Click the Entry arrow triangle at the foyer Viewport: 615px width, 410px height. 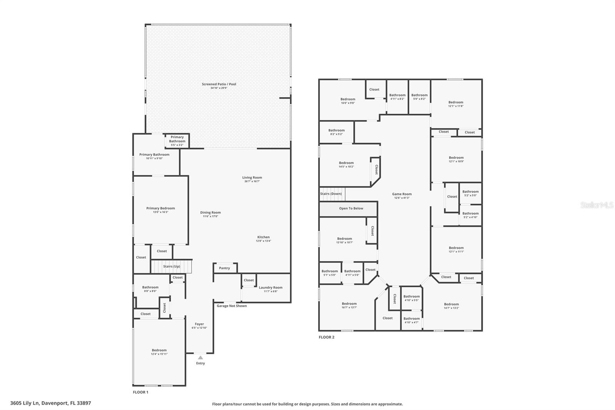point(200,358)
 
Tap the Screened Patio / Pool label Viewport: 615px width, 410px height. point(219,86)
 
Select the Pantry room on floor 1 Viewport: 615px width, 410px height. point(225,268)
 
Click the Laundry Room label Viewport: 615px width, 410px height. point(271,289)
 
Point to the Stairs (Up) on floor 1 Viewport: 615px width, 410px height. point(171,266)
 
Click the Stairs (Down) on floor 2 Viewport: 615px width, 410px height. point(331,194)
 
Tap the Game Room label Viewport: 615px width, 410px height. point(402,196)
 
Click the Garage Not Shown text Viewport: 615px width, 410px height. point(232,306)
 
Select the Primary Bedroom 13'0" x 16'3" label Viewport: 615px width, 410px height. point(161,210)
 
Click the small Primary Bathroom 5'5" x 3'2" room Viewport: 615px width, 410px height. point(177,141)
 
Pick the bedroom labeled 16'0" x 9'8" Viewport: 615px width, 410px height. point(347,101)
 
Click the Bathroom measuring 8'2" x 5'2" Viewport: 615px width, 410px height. point(336,132)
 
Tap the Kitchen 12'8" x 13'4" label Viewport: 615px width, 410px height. point(263,239)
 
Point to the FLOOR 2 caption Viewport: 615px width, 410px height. point(326,337)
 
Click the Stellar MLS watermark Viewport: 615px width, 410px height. point(597,205)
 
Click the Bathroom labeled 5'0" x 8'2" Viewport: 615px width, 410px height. point(419,97)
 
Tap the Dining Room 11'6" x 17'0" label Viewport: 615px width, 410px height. point(210,214)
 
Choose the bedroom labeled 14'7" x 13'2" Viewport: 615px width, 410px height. point(451,306)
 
